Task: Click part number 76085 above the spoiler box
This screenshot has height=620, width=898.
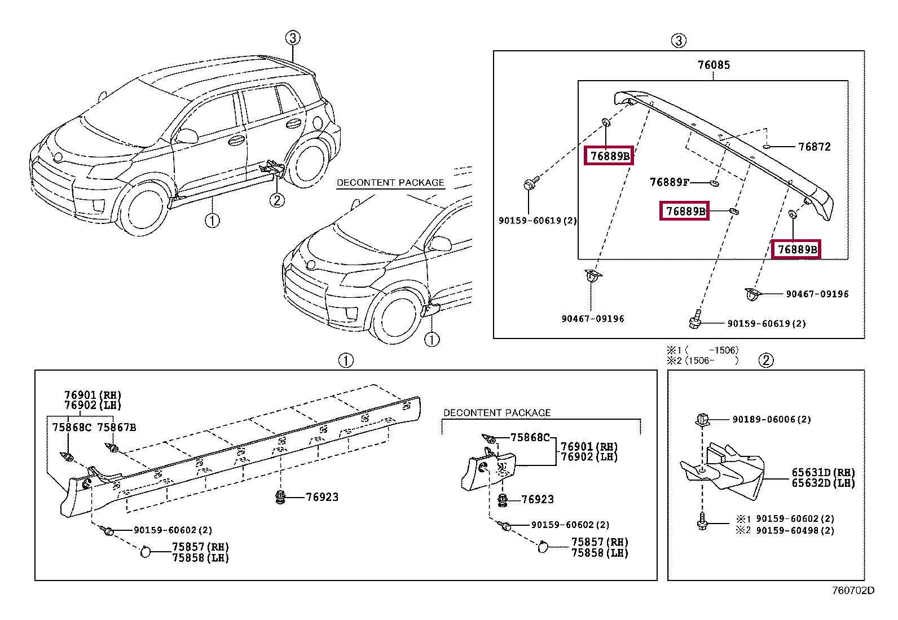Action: point(714,65)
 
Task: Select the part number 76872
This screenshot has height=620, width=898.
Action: point(814,147)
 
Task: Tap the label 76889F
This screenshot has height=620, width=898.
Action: point(669,182)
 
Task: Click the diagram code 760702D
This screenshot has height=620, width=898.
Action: point(853,591)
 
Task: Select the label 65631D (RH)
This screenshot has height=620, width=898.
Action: point(823,473)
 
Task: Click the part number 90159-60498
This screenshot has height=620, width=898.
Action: point(795,531)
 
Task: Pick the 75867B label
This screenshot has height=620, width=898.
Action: point(117,428)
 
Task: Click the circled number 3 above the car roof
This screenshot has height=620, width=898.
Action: point(292,38)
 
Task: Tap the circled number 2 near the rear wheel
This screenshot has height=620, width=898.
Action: point(276,200)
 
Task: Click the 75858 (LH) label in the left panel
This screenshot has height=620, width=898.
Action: point(200,558)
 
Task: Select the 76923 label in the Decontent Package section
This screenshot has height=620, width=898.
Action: point(538,499)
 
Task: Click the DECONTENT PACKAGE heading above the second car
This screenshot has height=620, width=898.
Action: point(390,183)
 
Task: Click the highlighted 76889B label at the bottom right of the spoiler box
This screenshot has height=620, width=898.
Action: point(796,249)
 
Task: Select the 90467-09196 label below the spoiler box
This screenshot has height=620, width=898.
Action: point(592,319)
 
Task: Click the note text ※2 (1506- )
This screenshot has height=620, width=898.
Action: point(702,360)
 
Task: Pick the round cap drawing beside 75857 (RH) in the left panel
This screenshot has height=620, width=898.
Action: point(146,551)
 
